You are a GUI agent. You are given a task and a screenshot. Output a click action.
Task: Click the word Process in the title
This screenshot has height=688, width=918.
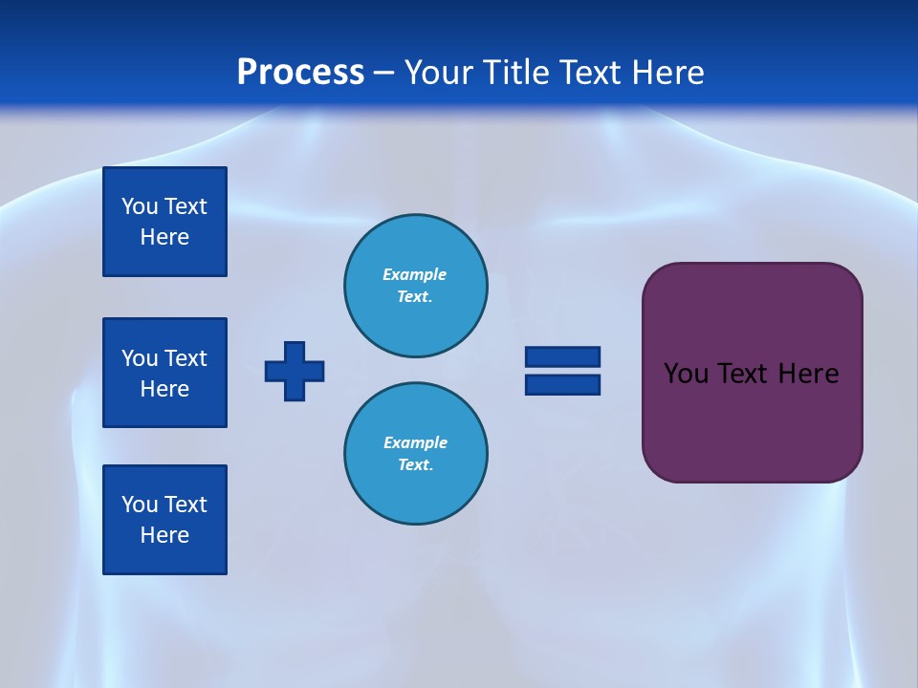pyautogui.click(x=300, y=73)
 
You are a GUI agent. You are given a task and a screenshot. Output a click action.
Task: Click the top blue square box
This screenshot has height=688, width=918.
pyautogui.click(x=164, y=222)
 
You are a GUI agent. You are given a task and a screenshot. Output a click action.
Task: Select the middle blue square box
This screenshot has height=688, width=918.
pyautogui.click(x=164, y=373)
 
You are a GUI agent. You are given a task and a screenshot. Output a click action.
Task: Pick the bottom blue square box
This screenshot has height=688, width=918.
pyautogui.click(x=164, y=520)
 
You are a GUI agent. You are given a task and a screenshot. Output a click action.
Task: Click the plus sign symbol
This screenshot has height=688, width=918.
pyautogui.click(x=295, y=371)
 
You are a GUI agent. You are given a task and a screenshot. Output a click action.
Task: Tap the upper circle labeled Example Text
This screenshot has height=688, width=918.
pyautogui.click(x=415, y=286)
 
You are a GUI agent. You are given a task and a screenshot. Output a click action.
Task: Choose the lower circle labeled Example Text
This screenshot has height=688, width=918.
pyautogui.click(x=415, y=454)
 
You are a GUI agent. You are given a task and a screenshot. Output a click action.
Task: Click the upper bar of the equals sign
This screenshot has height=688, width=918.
pyautogui.click(x=562, y=356)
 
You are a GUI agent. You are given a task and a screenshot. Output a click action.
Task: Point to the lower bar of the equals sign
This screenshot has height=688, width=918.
pyautogui.click(x=562, y=384)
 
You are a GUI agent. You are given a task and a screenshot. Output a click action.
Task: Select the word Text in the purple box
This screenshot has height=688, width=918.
pyautogui.click(x=744, y=374)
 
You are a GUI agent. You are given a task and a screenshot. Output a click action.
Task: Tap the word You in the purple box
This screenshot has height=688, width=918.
pyautogui.click(x=685, y=374)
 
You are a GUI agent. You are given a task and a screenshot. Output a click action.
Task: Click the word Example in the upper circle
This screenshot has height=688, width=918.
pyautogui.click(x=414, y=274)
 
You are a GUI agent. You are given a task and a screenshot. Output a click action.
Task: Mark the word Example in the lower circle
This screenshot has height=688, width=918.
pyautogui.click(x=415, y=442)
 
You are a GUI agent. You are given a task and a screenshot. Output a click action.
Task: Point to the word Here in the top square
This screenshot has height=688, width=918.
pyautogui.click(x=164, y=237)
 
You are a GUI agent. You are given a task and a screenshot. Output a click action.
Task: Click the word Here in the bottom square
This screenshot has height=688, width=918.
pyautogui.click(x=164, y=535)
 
